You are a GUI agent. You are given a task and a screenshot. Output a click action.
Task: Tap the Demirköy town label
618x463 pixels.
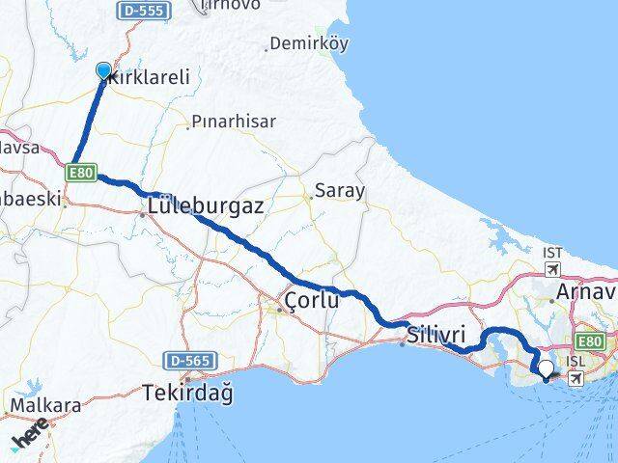309,43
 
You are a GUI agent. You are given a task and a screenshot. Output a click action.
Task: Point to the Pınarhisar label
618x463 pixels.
234,122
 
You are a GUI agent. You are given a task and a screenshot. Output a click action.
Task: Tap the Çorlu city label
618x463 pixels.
311,302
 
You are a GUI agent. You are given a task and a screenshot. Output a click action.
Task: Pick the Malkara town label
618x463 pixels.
44,406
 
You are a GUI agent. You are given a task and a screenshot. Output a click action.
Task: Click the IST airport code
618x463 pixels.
552,253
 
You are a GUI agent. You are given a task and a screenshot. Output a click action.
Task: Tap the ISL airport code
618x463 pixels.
576,360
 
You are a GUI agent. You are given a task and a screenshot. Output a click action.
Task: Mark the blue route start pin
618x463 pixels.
103,70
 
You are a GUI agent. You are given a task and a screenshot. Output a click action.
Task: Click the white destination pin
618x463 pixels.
547,368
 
